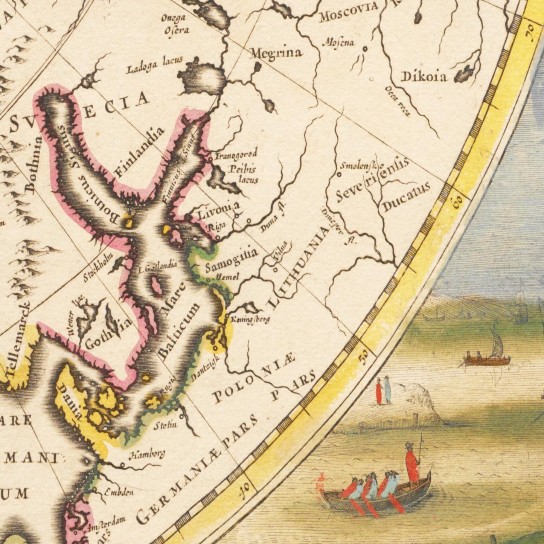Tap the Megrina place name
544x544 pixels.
[x=276, y=53]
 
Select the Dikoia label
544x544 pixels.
[x=424, y=77]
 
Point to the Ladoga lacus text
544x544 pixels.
[x=154, y=65]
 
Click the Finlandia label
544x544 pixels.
[x=140, y=152]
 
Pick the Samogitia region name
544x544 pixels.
[x=232, y=260]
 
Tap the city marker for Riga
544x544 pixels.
[x=218, y=237]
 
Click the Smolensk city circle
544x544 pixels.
[x=339, y=174]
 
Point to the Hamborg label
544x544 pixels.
[x=147, y=455]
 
